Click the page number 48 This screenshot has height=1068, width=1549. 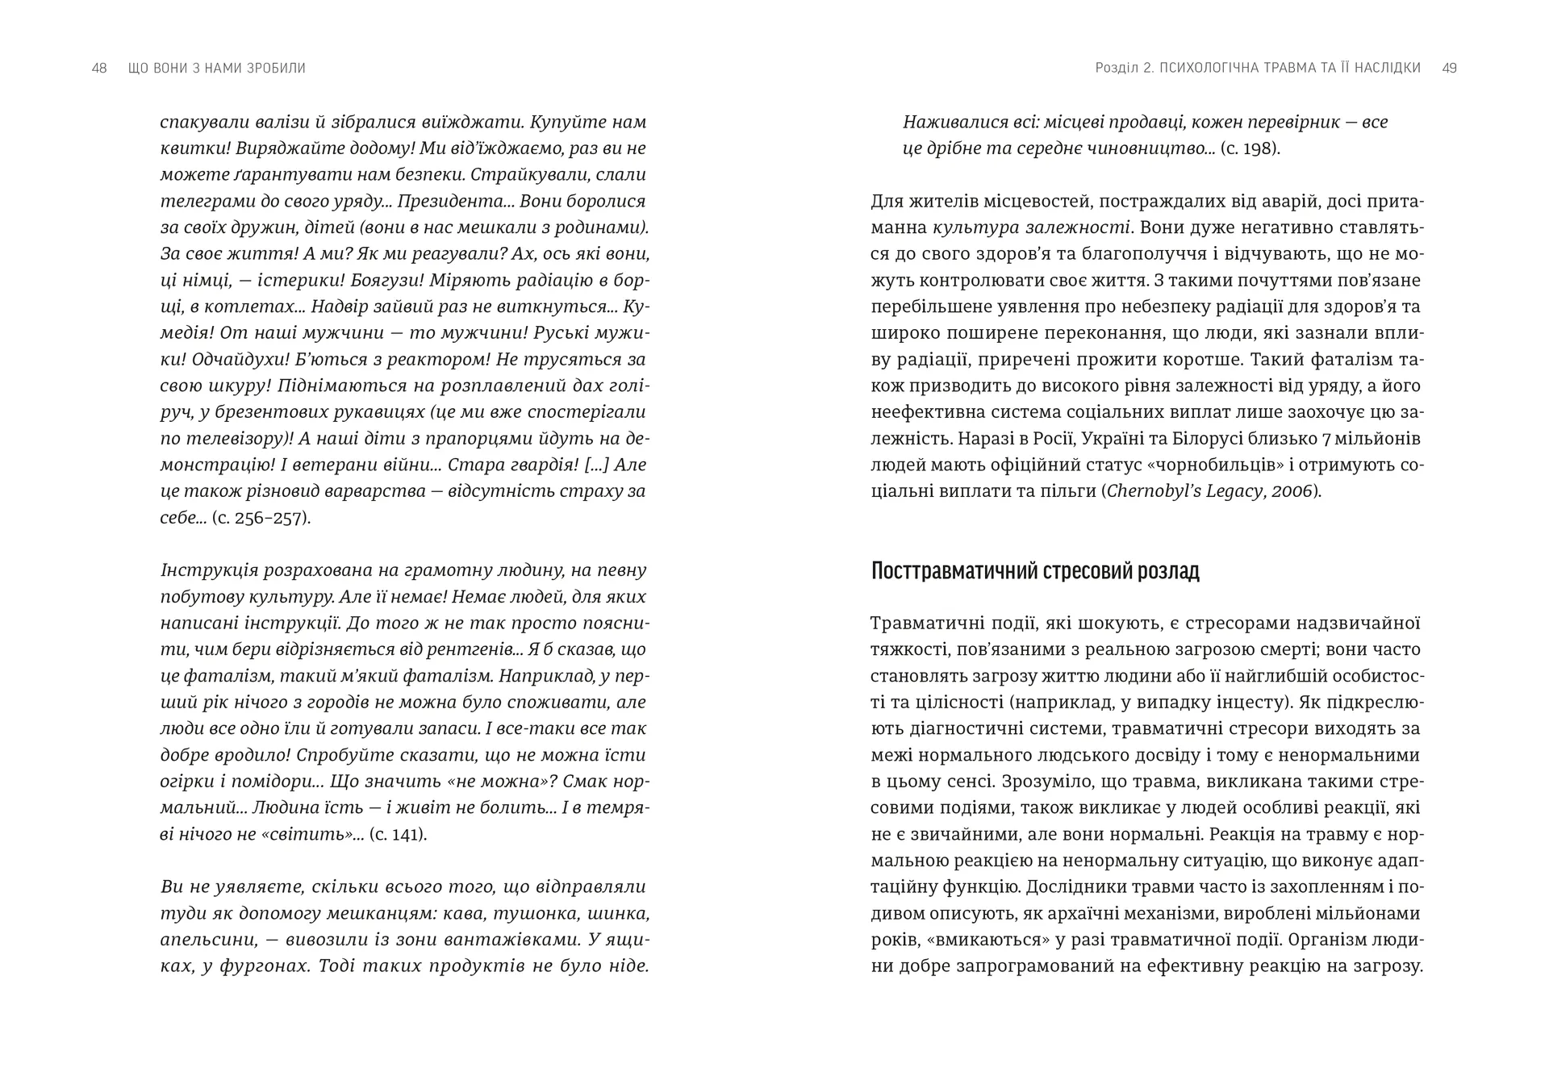99,69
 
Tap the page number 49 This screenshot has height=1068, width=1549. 1449,69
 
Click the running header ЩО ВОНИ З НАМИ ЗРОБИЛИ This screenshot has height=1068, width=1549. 217,69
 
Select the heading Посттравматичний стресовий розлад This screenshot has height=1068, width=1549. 1035,571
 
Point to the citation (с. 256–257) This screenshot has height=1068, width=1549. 261,518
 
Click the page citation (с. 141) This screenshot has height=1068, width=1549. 398,834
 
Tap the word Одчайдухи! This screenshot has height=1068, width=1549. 212,360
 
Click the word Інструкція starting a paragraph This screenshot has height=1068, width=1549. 209,571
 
